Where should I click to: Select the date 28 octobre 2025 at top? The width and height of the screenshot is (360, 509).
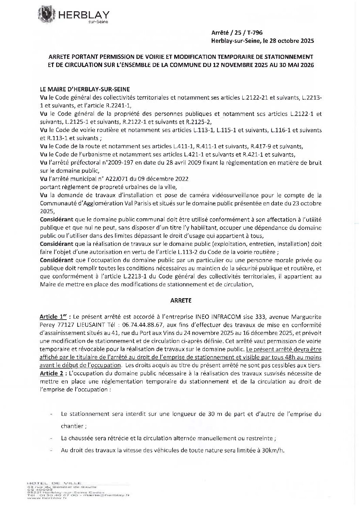click(290, 41)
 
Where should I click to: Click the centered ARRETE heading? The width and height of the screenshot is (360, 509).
click(180, 301)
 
